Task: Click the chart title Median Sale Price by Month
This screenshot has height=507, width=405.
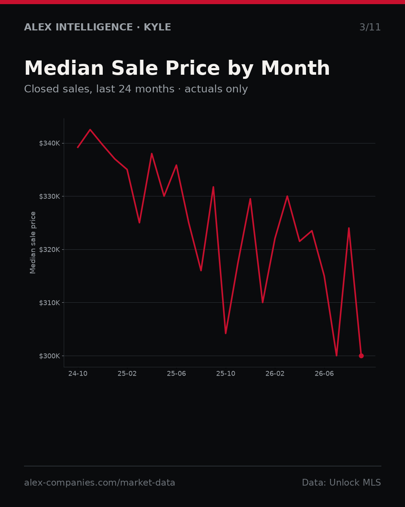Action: [177, 69]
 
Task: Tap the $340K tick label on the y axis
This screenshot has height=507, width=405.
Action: [49, 143]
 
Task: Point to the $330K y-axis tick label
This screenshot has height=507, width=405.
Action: [49, 196]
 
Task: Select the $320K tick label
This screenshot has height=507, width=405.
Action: [49, 249]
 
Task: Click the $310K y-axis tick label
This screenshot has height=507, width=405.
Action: [49, 302]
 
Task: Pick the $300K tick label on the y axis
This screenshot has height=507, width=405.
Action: [49, 356]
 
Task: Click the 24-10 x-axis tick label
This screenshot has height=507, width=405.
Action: [78, 374]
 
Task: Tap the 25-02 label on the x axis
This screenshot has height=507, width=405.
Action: [127, 374]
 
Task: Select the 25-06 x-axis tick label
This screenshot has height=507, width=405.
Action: [177, 374]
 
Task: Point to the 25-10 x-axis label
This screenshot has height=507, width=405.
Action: [226, 374]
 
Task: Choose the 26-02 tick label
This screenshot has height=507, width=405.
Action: [275, 374]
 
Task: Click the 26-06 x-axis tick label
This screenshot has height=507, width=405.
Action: [324, 374]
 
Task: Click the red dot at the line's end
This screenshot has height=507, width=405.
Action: [361, 356]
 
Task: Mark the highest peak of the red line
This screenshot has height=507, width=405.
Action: [90, 129]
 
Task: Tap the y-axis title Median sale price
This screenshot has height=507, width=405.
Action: [33, 243]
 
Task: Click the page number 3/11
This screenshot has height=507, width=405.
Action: [370, 27]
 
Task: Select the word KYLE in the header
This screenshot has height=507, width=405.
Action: [157, 27]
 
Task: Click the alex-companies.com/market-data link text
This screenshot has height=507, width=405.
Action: [99, 482]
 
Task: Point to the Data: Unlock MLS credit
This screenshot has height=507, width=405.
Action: [342, 482]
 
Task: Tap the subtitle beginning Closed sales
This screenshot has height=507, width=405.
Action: [136, 89]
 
